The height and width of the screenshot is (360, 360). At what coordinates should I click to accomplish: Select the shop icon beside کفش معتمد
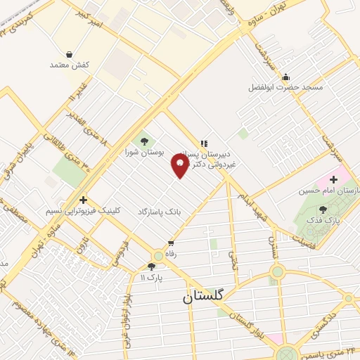69,53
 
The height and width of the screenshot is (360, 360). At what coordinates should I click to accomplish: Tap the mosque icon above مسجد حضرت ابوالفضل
285,77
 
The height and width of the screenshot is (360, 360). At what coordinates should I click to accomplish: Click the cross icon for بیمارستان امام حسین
333,180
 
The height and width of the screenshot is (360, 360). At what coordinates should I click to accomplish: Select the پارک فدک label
322,220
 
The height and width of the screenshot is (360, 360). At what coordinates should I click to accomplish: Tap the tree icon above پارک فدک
323,209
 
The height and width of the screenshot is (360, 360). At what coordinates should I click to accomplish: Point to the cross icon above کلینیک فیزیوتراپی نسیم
83,200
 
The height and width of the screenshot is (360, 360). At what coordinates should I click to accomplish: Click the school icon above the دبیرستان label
205,143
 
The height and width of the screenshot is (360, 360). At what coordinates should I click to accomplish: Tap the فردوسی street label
120,253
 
